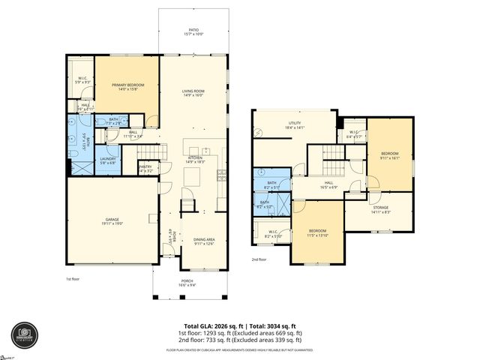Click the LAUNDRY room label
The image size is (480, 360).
(x=106, y=160)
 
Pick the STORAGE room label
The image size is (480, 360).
(x=381, y=209)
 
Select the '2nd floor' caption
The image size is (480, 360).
(x=259, y=259)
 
